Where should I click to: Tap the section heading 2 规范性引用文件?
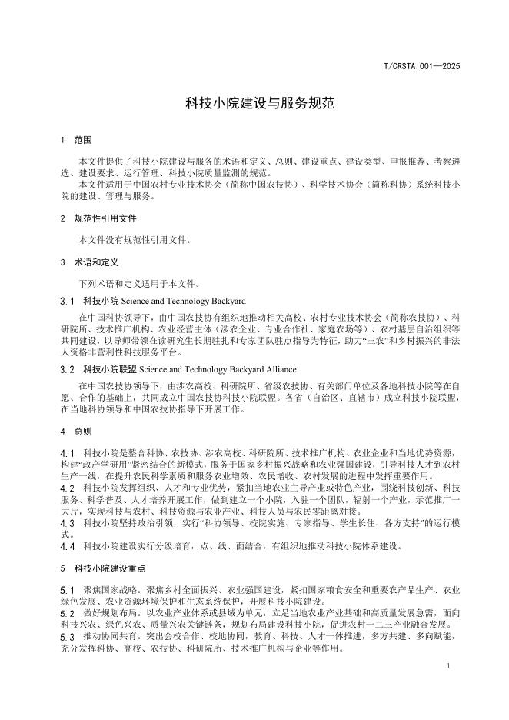click(x=98, y=218)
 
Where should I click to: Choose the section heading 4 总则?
click(x=76, y=432)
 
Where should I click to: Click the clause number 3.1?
click(x=67, y=301)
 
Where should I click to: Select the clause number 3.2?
click(x=67, y=369)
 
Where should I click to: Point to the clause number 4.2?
click(x=67, y=488)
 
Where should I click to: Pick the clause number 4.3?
click(x=67, y=523)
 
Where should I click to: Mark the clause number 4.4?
click(x=67, y=547)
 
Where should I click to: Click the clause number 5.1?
click(x=67, y=589)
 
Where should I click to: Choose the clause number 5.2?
click(x=67, y=613)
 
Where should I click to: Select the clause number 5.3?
click(x=67, y=637)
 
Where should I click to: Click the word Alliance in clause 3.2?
click(x=269, y=369)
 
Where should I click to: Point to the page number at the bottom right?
click(x=447, y=665)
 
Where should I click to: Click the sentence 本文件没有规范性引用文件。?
click(x=135, y=240)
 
